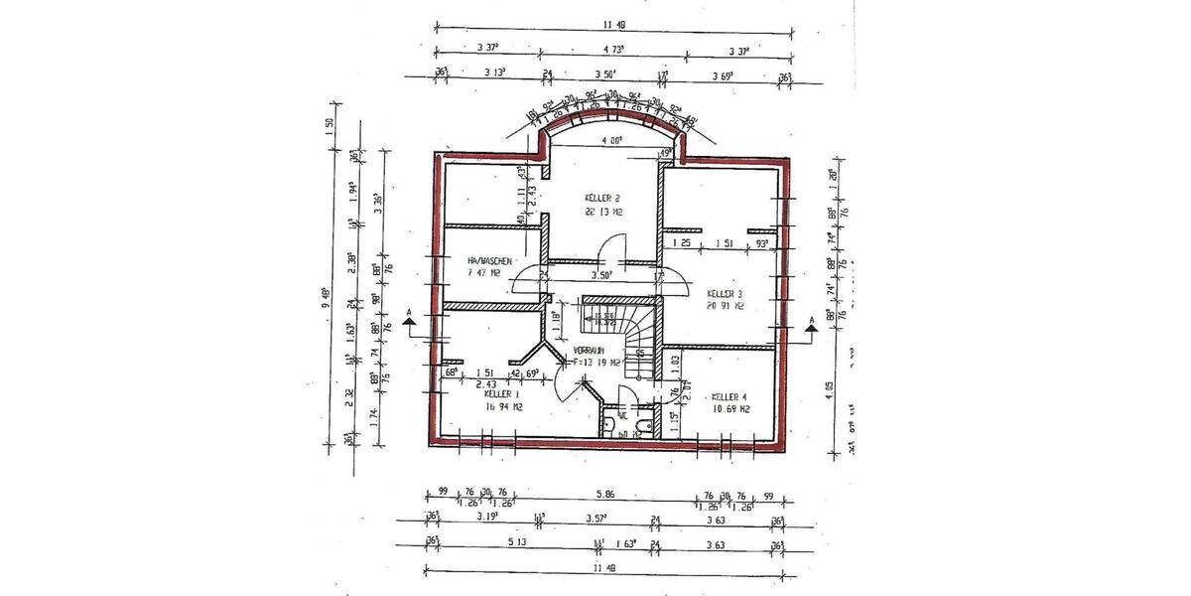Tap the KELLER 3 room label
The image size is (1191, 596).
point(726,294)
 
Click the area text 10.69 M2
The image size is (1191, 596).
point(730,408)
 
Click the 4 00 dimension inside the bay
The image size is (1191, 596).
point(607,141)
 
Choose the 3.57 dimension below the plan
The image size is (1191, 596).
point(598,518)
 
